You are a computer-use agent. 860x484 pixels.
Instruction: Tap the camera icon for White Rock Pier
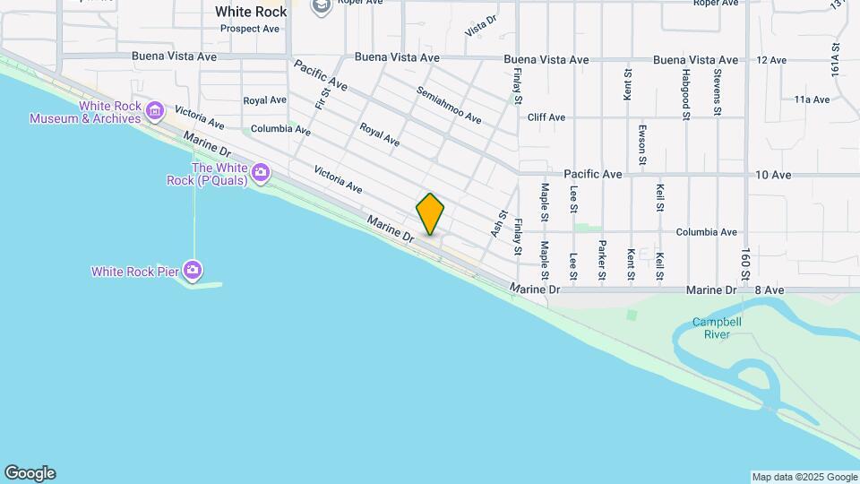click(x=193, y=270)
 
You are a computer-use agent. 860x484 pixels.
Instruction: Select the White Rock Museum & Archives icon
click(x=156, y=112)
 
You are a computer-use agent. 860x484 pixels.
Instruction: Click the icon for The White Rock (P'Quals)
click(x=261, y=171)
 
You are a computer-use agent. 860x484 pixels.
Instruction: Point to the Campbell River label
click(x=711, y=328)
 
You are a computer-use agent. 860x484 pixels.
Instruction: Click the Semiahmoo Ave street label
click(x=449, y=106)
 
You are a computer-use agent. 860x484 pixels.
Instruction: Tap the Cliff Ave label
click(x=546, y=117)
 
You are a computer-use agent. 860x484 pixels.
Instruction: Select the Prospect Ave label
click(x=250, y=29)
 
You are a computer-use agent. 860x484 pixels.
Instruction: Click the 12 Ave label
click(x=771, y=60)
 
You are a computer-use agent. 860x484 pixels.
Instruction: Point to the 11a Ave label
click(x=812, y=99)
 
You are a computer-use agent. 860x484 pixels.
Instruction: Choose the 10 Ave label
click(x=773, y=175)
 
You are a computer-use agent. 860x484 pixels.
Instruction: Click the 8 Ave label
click(x=770, y=290)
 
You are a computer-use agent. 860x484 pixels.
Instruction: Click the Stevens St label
click(x=717, y=92)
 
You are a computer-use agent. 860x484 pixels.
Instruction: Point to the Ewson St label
click(x=642, y=144)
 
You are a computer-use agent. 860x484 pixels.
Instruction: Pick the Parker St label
click(x=602, y=259)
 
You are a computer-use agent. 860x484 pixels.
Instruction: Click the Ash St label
click(x=496, y=224)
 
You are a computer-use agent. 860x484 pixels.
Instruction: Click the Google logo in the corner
click(x=30, y=473)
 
